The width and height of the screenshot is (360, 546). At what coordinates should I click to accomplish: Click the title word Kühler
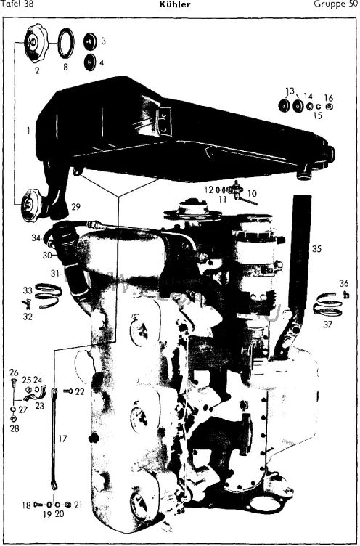point(175,4)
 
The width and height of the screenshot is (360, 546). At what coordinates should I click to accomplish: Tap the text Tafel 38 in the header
point(17,4)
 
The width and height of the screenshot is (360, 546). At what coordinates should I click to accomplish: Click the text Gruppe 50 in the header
point(335,4)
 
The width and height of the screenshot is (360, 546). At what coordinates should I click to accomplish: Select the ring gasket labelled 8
point(66,43)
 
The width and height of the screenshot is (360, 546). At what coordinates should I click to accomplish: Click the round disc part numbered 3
point(91,42)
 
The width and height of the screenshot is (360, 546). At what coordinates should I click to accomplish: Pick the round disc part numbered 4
point(90,62)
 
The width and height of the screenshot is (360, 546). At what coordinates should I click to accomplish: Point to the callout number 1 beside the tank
point(28,131)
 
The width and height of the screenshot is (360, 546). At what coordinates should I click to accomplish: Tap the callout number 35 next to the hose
point(317,249)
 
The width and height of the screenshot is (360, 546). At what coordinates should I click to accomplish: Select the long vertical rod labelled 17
point(54,439)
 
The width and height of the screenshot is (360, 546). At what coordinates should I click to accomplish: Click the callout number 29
point(76,207)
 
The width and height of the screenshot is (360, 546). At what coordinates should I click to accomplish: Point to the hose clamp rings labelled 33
point(48,296)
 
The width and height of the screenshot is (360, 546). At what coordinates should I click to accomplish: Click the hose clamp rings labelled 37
point(328,304)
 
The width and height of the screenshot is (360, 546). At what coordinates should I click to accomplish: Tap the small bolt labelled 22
point(68,391)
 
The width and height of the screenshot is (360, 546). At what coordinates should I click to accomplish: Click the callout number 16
point(329,98)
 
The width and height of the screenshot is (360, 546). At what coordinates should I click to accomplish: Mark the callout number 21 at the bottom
point(78,505)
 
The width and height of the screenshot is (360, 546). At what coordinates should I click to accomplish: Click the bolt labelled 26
point(14,383)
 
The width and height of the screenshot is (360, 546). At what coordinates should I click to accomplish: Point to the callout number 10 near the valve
point(252,193)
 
